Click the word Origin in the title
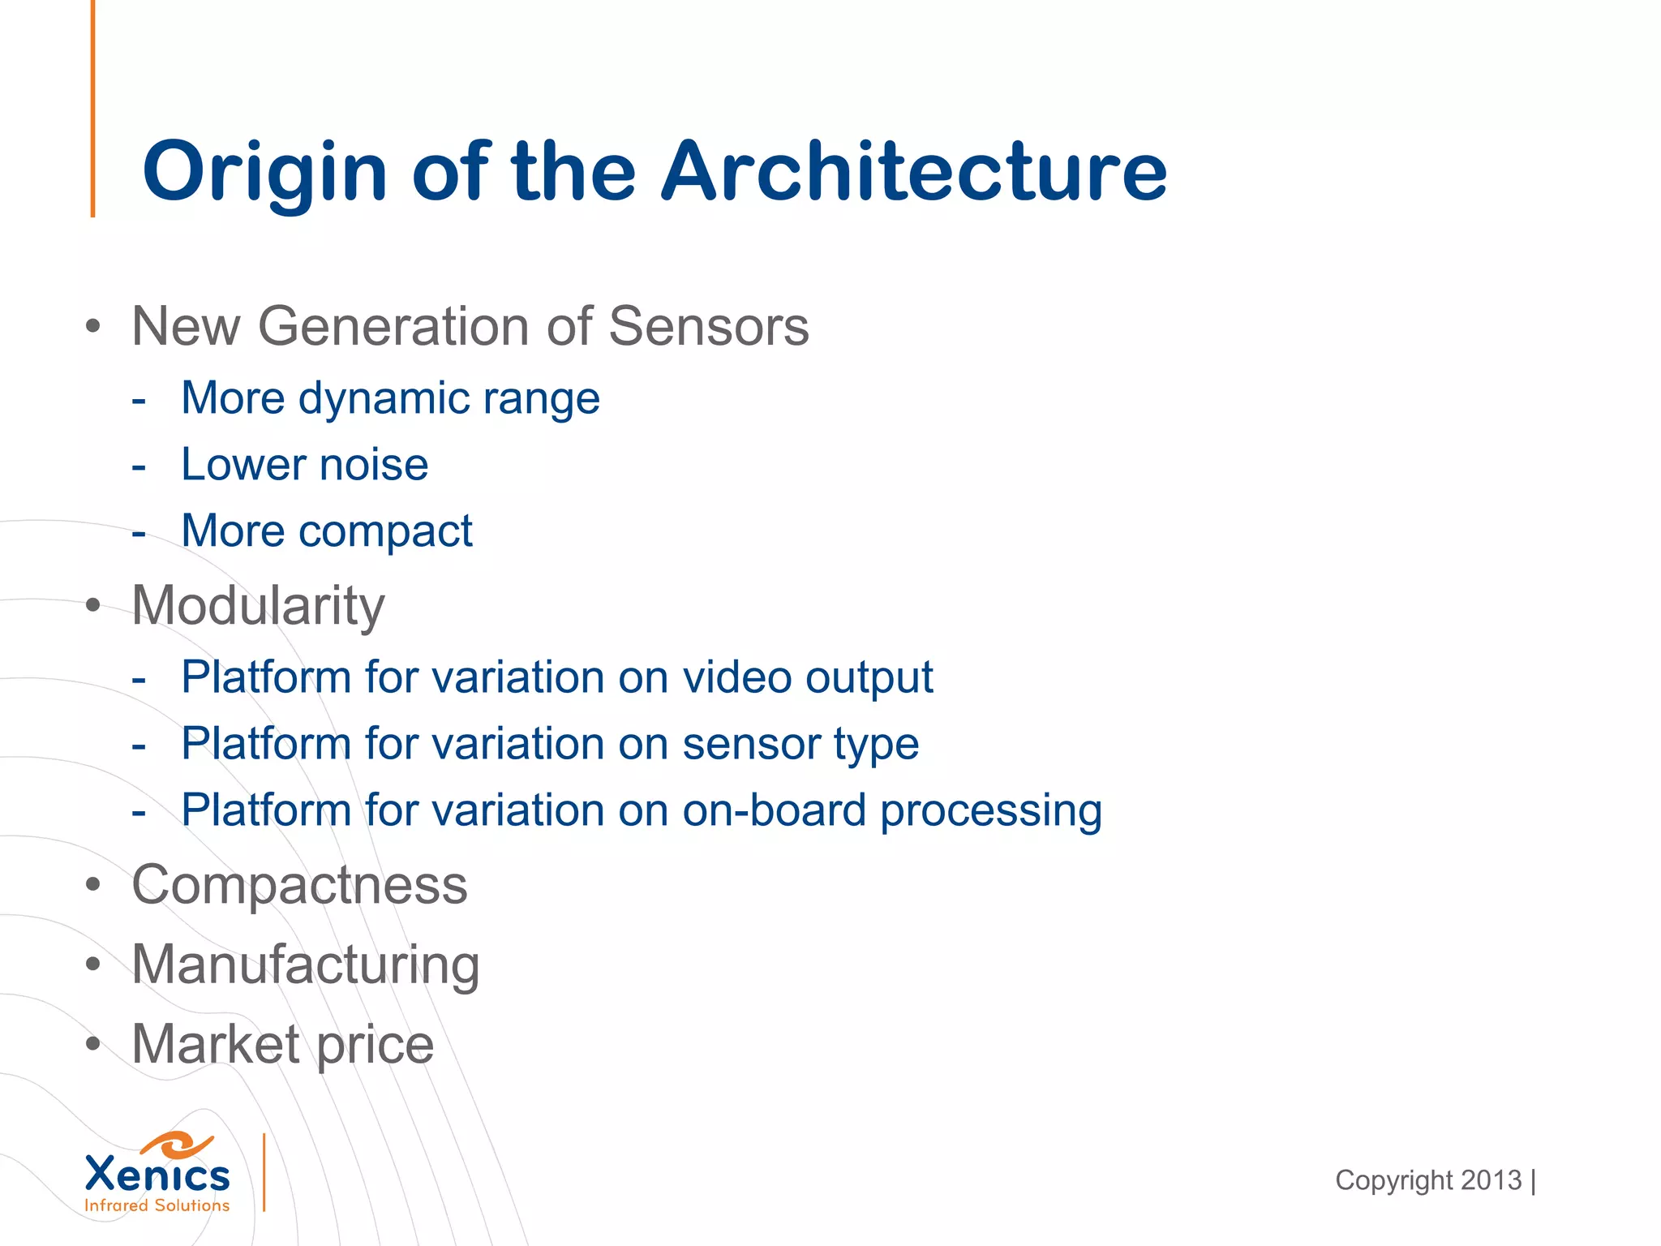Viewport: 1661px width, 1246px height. pos(264,172)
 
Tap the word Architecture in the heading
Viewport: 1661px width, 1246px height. pos(914,172)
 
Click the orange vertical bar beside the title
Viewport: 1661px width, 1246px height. pos(93,110)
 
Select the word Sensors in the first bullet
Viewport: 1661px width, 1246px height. pos(708,327)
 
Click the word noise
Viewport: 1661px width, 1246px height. pos(373,465)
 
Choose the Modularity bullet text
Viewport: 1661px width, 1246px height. pos(258,606)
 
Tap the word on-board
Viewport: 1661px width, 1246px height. pos(775,810)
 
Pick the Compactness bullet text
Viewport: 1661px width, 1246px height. pos(299,885)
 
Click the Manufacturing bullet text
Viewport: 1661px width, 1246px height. pos(306,965)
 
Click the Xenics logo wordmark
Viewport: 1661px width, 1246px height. pos(157,1174)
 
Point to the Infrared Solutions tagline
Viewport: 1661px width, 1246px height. pos(157,1205)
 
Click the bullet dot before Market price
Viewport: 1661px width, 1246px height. pos(93,1045)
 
